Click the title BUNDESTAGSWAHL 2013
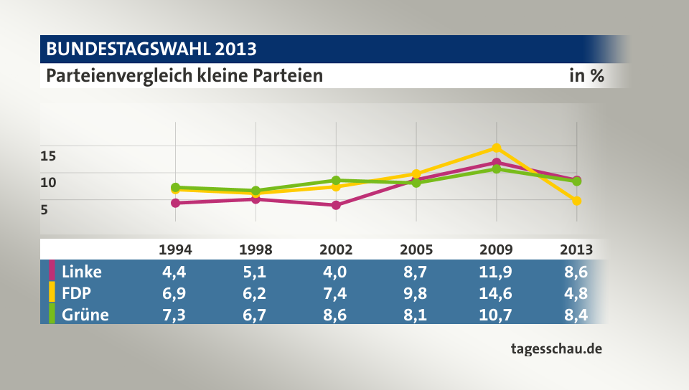point(151,49)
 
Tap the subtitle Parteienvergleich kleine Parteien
point(184,75)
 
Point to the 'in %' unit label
point(586,75)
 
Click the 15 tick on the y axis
point(48,155)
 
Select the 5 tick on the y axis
point(44,210)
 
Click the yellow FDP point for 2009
point(496,148)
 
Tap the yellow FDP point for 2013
point(576,201)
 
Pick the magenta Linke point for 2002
point(336,205)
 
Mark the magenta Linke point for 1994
point(175,203)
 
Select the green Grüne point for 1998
point(256,191)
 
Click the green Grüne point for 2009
point(496,169)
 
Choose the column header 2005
point(416,249)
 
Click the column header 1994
point(175,249)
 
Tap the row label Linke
point(82,272)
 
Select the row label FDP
point(77,292)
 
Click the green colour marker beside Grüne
point(52,313)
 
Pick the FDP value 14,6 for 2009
point(496,292)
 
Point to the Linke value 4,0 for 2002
point(336,272)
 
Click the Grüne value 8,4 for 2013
point(576,313)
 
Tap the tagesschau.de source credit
point(556,349)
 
